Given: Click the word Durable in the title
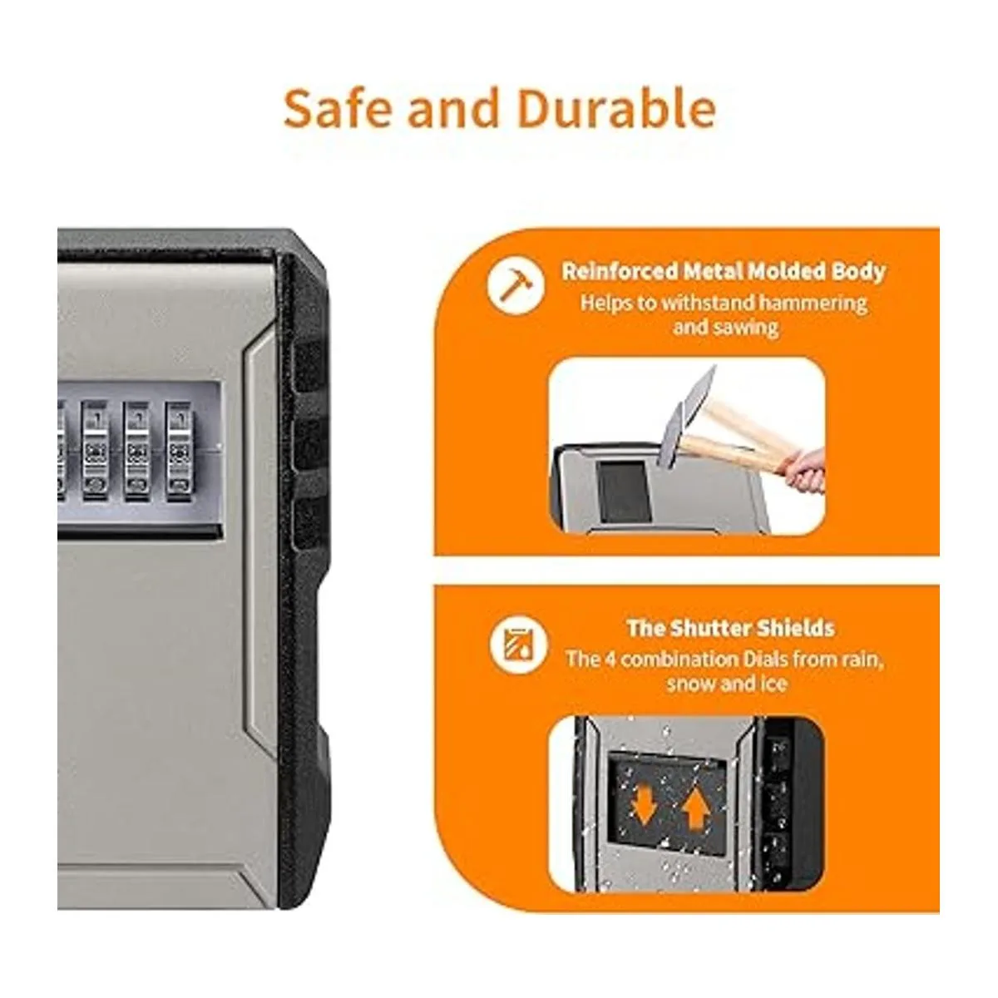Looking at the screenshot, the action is [617, 108].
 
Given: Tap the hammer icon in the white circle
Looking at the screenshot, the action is [516, 285].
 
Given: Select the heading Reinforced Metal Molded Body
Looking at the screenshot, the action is [724, 271].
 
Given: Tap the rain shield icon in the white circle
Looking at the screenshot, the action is [518, 645].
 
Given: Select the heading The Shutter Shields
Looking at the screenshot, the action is [730, 628].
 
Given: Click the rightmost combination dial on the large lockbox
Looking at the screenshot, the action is [179, 452].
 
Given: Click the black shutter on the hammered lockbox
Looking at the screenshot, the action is [624, 492].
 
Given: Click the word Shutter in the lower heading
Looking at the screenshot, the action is [714, 628].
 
